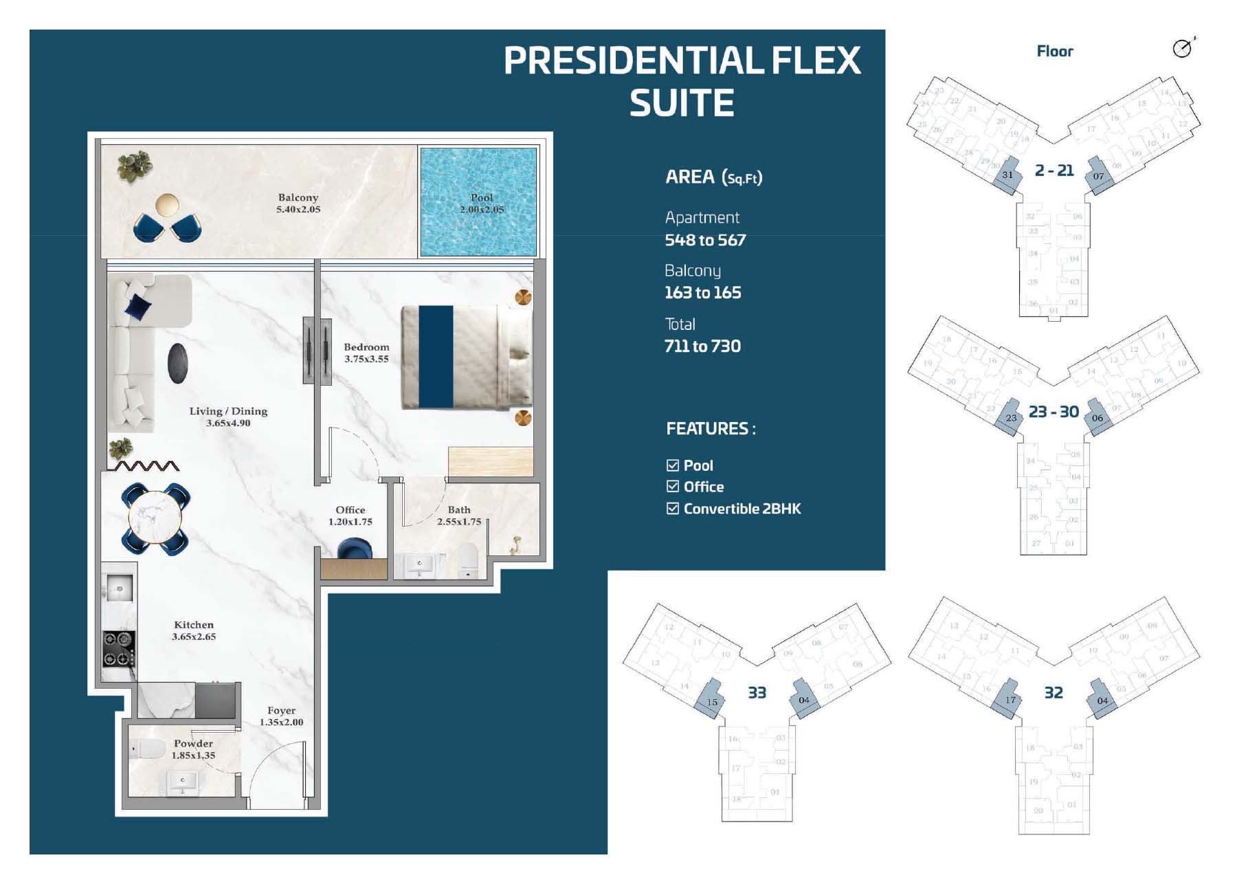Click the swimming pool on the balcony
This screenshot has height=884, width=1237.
(478, 202)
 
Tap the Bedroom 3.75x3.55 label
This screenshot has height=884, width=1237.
(366, 353)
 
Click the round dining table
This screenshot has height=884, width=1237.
(155, 519)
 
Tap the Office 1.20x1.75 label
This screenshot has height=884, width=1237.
(350, 516)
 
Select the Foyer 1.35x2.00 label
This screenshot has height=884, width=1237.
(281, 716)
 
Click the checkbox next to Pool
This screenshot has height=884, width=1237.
(673, 465)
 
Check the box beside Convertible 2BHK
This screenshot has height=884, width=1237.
(673, 509)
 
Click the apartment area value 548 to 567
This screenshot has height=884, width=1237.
(705, 240)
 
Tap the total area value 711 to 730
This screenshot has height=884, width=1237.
(702, 346)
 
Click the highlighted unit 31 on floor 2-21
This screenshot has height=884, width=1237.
(1007, 175)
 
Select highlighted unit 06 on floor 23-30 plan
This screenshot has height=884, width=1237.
(1097, 418)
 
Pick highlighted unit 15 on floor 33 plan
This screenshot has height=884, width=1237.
(712, 701)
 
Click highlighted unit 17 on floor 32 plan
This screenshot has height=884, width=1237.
(1010, 700)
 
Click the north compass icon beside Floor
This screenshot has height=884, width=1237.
(1182, 48)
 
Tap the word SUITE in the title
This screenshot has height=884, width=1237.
(682, 103)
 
